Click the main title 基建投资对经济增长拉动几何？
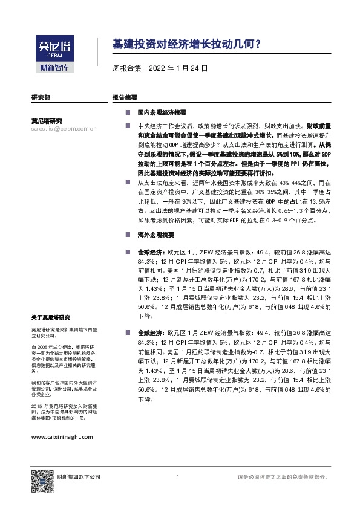click(187, 44)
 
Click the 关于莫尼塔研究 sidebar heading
click(51, 317)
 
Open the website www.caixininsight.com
click(62, 436)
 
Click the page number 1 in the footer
click(178, 478)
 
